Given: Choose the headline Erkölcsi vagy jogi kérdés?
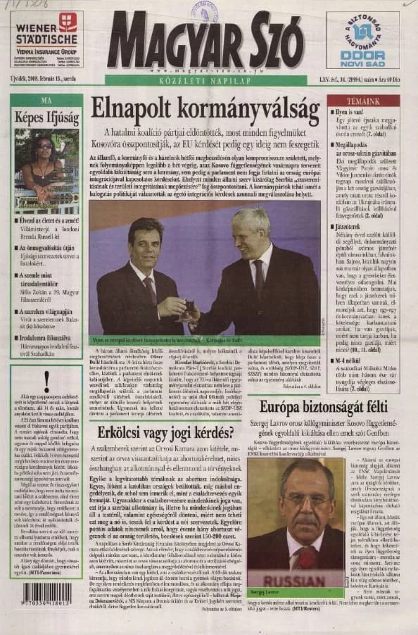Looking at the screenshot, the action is click(x=167, y=431).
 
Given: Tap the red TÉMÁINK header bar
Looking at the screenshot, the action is click(x=364, y=101).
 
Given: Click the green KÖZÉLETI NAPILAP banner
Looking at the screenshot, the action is click(x=205, y=80).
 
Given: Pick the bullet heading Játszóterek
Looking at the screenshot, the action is click(x=349, y=227).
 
